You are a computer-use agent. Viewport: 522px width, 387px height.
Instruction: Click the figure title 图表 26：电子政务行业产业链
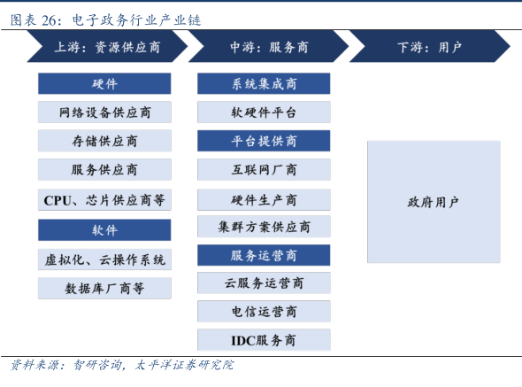(x=105, y=20)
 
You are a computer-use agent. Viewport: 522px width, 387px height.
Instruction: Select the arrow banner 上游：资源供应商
(x=107, y=46)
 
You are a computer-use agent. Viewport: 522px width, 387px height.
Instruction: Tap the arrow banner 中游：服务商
(x=268, y=46)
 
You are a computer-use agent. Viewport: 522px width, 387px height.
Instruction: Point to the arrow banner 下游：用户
(x=429, y=46)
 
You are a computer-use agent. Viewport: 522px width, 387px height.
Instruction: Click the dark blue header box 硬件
(x=104, y=83)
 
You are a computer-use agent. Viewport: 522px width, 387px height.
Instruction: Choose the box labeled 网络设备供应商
(x=104, y=112)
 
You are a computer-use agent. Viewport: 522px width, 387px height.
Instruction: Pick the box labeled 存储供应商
(x=104, y=141)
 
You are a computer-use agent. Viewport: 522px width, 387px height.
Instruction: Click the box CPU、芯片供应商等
(x=104, y=200)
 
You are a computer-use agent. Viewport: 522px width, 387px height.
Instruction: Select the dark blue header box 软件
(x=104, y=230)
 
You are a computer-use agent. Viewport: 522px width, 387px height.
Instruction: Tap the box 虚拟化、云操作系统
(x=104, y=259)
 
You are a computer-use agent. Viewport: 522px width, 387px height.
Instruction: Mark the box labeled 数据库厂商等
(x=104, y=288)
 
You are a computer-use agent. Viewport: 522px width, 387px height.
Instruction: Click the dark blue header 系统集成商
(x=264, y=83)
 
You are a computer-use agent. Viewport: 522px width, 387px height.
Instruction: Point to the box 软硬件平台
(x=264, y=112)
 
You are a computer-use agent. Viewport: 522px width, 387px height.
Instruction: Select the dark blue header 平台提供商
(x=264, y=141)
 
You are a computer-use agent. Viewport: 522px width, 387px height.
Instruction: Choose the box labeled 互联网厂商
(x=264, y=170)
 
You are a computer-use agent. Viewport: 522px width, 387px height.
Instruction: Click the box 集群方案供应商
(x=264, y=227)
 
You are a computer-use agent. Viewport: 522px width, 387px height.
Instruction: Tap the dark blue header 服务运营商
(x=264, y=255)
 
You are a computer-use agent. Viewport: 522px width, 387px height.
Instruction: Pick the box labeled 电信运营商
(x=264, y=312)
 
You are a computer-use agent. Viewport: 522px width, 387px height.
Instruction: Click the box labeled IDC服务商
(x=264, y=340)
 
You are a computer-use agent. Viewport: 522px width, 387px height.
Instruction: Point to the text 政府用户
(x=434, y=202)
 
